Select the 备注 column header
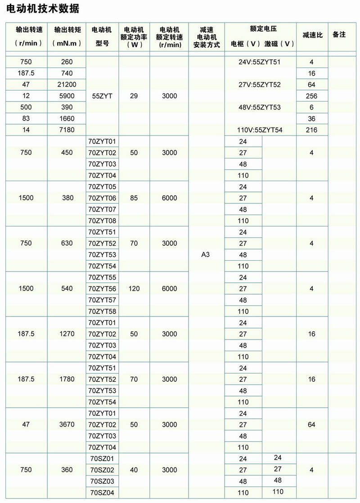339,35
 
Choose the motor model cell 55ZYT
101,96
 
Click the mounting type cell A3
206,254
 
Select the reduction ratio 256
311,96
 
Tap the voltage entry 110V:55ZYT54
260,130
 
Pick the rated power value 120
134,289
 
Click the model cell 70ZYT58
103,311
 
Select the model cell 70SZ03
103,481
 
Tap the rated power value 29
134,96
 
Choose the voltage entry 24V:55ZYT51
260,62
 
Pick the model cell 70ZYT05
103,186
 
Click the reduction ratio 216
311,130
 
